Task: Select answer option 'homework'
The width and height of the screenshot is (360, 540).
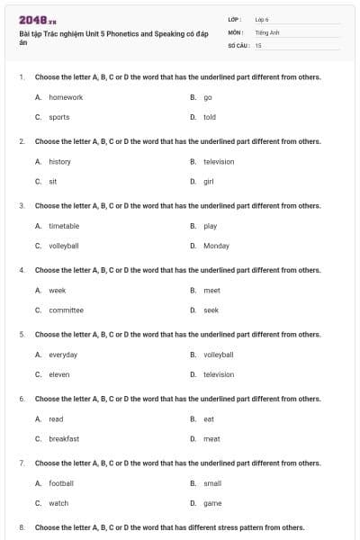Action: pyautogui.click(x=66, y=97)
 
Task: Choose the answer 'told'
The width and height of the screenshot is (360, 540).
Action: pyautogui.click(x=210, y=117)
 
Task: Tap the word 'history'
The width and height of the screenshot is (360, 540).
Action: pyautogui.click(x=59, y=161)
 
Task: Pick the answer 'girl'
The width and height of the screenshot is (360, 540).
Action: pyautogui.click(x=209, y=181)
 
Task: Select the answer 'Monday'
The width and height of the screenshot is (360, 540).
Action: pyautogui.click(x=216, y=246)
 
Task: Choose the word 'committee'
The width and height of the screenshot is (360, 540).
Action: pyautogui.click(x=66, y=310)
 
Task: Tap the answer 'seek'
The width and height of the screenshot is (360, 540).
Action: pyautogui.click(x=211, y=310)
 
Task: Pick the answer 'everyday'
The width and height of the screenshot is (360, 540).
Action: pyautogui.click(x=63, y=355)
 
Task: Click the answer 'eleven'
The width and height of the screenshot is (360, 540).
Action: pyautogui.click(x=59, y=374)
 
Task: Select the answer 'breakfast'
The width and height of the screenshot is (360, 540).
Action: pyautogui.click(x=64, y=438)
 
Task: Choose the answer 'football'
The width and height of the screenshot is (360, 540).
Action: pyautogui.click(x=61, y=483)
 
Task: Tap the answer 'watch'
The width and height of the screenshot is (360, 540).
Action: pyautogui.click(x=58, y=503)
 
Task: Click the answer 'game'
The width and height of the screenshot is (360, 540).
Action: pyautogui.click(x=212, y=503)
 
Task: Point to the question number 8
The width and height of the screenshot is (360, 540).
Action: pyautogui.click(x=22, y=527)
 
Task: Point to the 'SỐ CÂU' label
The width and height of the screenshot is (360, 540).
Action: pyautogui.click(x=238, y=44)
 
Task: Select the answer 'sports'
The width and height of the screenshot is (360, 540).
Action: pyautogui.click(x=59, y=117)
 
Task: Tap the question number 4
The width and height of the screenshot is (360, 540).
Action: pyautogui.click(x=22, y=270)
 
